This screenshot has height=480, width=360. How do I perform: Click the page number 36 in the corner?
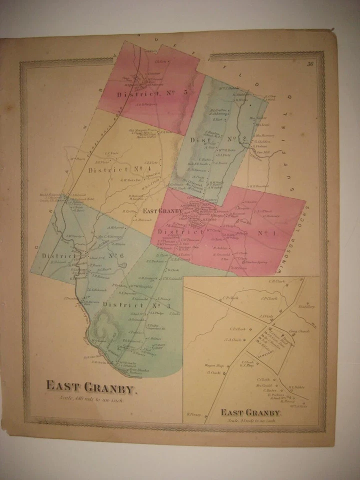pyautogui.click(x=310, y=63)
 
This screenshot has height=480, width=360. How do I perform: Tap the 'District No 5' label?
pyautogui.click(x=145, y=93)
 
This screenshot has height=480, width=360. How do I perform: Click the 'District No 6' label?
pyautogui.click(x=82, y=256)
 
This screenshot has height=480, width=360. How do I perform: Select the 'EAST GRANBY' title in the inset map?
pyautogui.click(x=250, y=412)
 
